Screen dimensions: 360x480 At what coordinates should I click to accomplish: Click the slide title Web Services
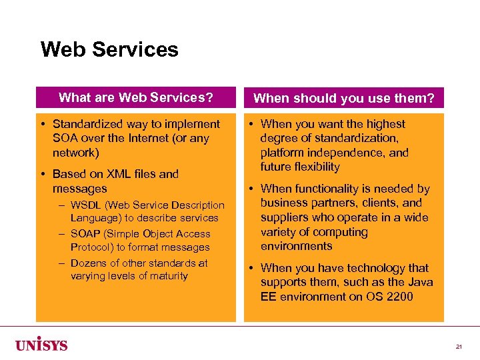(109, 50)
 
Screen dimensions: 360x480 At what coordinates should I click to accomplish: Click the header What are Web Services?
(136, 98)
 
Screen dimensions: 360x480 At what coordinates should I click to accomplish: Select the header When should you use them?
(344, 99)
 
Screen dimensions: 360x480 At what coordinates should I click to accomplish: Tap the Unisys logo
(41, 343)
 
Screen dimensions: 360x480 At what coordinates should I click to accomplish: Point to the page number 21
(459, 347)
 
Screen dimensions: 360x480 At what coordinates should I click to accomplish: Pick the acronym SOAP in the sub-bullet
(85, 234)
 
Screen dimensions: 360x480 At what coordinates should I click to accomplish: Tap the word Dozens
(89, 263)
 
